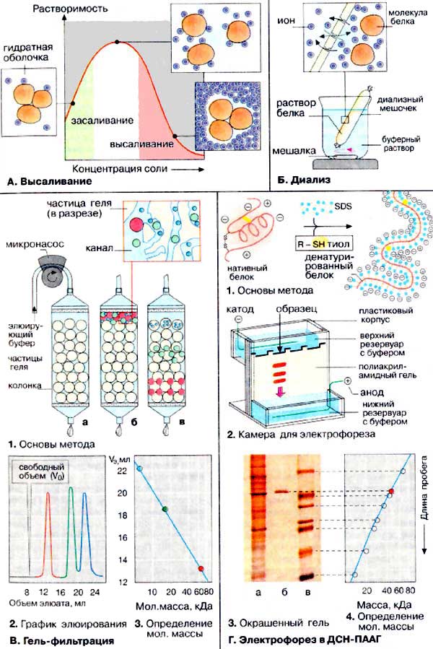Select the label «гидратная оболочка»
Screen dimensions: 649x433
(x=24, y=50)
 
